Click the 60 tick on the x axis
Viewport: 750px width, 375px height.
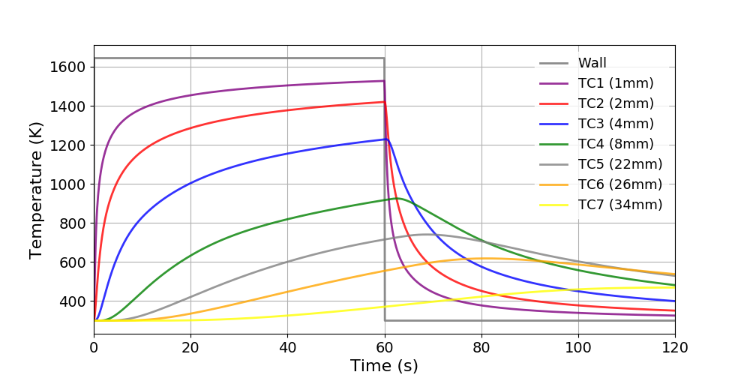point(384,347)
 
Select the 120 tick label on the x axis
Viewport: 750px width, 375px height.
point(674,347)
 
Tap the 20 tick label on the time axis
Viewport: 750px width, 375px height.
point(190,347)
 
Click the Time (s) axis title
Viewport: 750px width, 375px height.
point(384,365)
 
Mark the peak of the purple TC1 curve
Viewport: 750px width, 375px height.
point(383,81)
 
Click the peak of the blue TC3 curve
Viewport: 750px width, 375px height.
point(385,139)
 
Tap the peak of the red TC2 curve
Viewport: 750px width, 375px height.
point(383,102)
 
